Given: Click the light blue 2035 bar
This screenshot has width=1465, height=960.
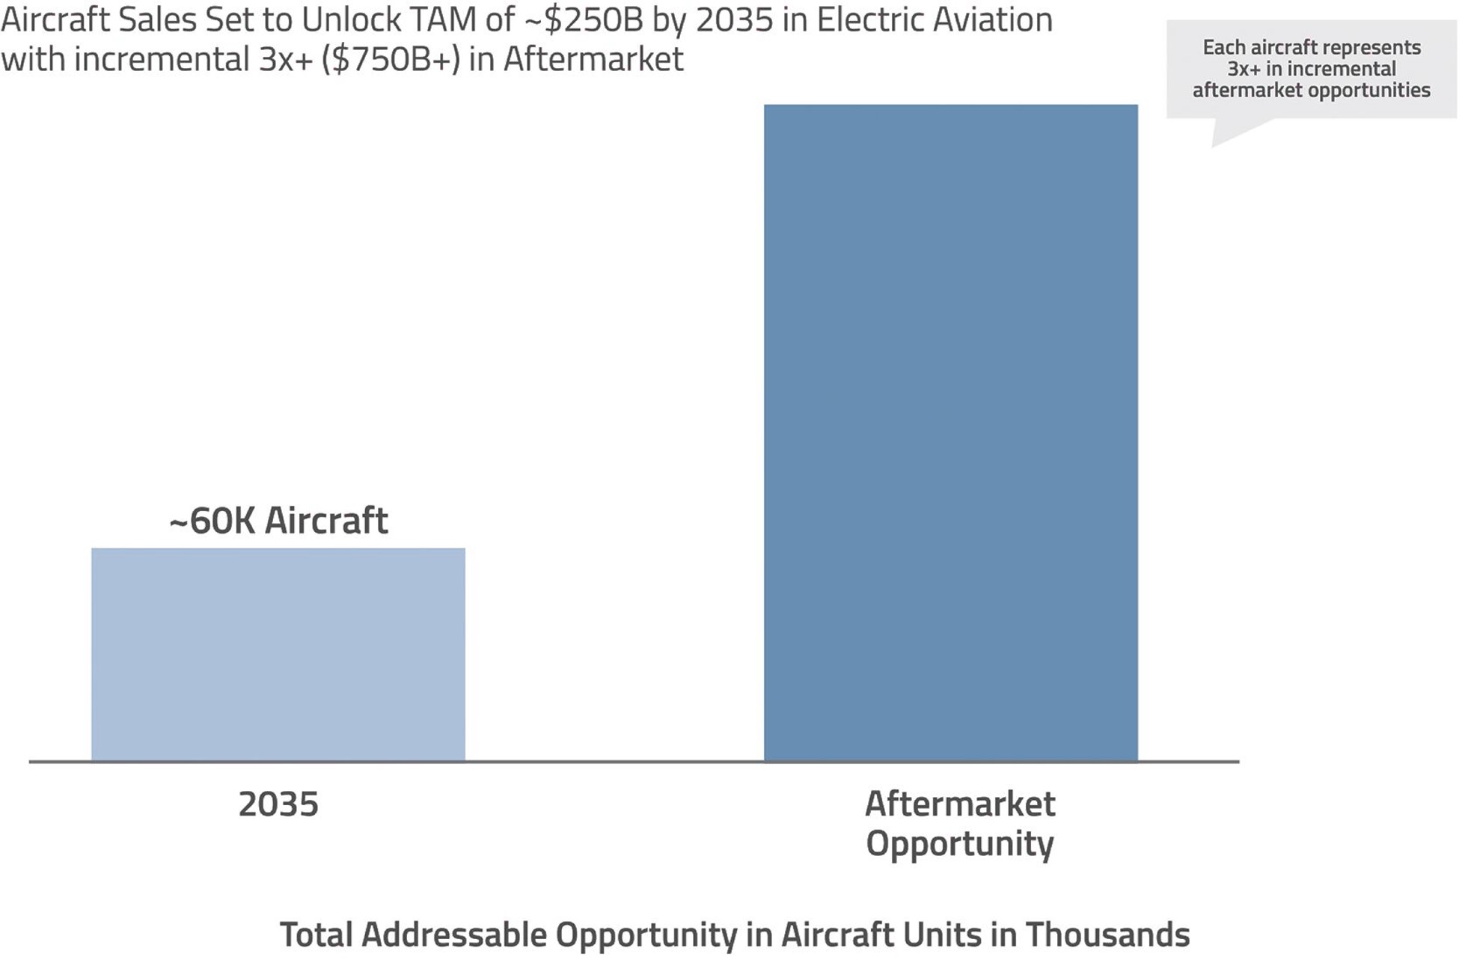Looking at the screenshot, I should tap(278, 655).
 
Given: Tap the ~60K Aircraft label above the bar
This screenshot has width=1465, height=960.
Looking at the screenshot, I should tap(278, 521).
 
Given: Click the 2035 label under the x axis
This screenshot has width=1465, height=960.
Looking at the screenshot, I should tap(278, 804).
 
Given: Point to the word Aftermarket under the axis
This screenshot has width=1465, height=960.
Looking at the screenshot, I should tap(960, 804).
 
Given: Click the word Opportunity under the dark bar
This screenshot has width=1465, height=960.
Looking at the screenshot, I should tap(960, 844).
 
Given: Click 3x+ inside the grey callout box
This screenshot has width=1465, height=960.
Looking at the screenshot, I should tap(1243, 69).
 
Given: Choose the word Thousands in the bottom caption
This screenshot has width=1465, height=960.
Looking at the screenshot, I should tap(1107, 935).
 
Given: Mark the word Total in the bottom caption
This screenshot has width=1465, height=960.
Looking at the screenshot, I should tap(316, 935).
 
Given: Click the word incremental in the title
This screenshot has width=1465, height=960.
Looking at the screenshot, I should tap(161, 59).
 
